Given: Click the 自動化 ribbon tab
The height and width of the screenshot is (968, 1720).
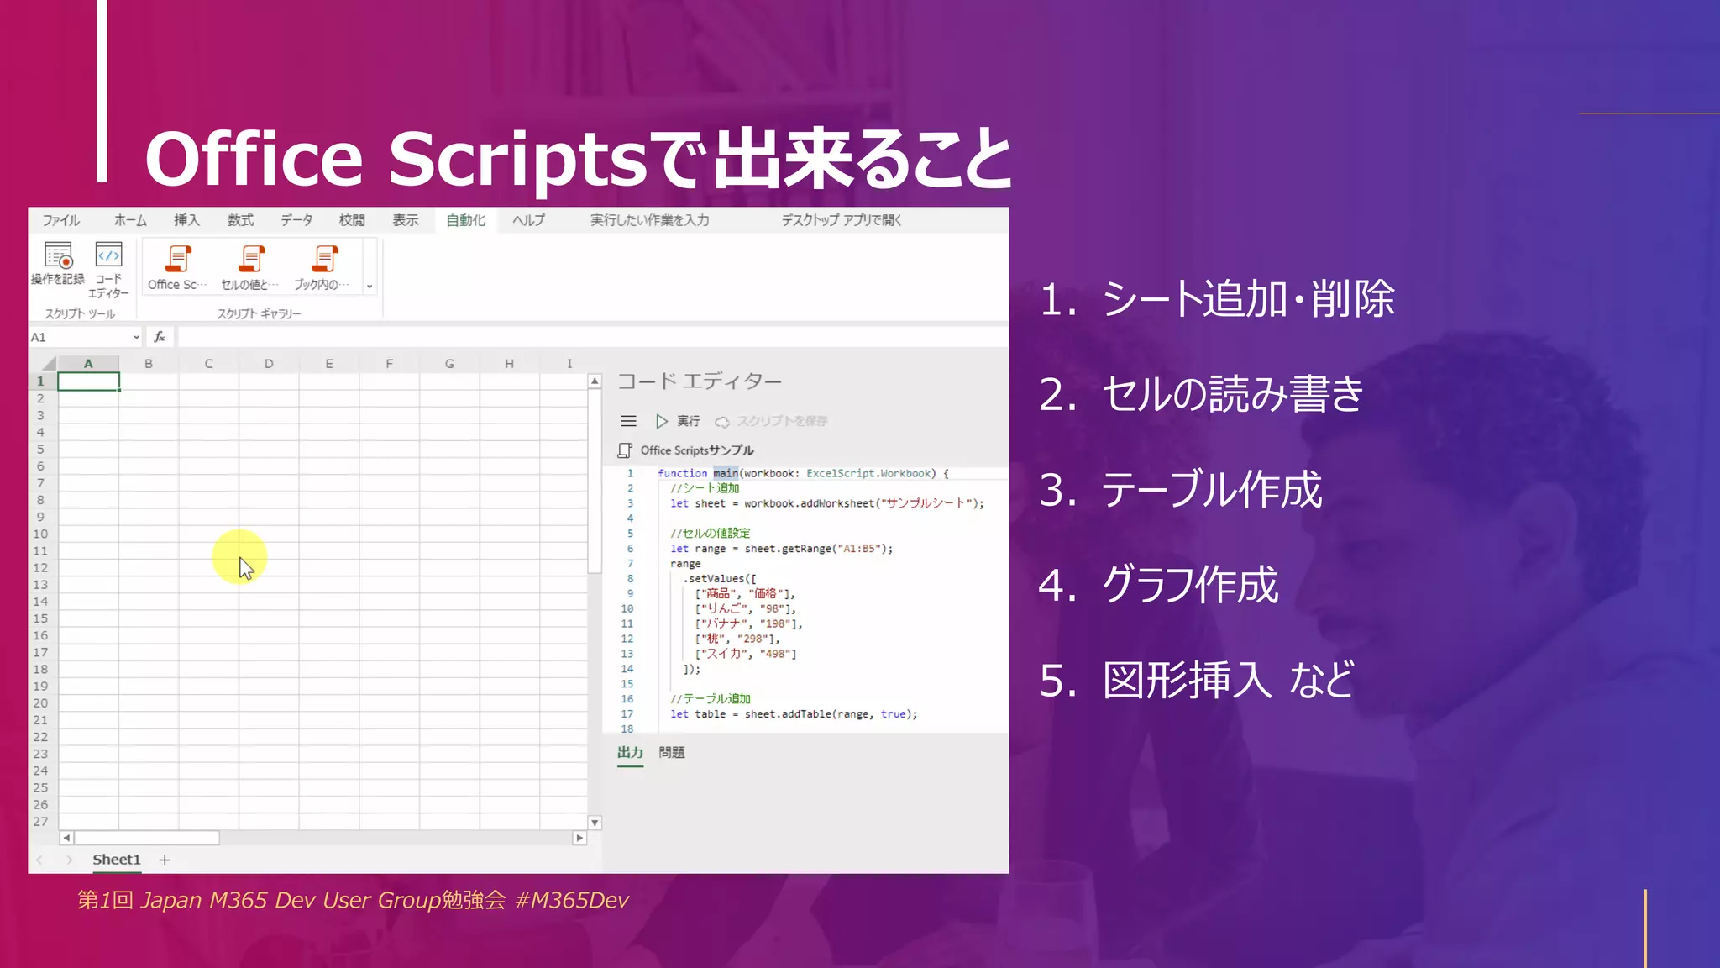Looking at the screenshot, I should click(465, 220).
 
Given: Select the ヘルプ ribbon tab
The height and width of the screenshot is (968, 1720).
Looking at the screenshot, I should click(528, 220).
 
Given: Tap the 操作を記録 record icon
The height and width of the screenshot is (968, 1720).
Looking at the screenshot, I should click(58, 255).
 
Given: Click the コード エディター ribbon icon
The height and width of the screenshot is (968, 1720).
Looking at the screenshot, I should click(109, 255).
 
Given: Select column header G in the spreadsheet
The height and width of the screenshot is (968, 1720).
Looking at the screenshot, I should click(449, 364).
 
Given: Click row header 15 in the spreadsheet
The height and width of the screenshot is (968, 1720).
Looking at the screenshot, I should click(40, 618).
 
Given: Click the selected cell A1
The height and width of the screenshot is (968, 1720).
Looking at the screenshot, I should click(88, 381).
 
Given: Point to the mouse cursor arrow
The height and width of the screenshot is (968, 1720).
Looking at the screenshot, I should click(244, 567).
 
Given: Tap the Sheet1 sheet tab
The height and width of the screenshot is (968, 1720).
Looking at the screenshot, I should click(116, 860).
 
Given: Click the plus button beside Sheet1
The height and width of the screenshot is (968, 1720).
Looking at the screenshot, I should click(165, 860).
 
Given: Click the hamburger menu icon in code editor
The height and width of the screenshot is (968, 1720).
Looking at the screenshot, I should click(628, 421).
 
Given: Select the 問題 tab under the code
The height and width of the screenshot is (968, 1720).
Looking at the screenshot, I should click(671, 753).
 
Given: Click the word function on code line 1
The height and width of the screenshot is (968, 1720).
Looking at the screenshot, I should click(682, 473).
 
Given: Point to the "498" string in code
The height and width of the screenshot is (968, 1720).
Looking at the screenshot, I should click(775, 654).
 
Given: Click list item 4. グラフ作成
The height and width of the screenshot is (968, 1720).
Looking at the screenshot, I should click(1159, 585).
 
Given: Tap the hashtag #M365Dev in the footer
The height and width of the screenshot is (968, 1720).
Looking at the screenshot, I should click(571, 900).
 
